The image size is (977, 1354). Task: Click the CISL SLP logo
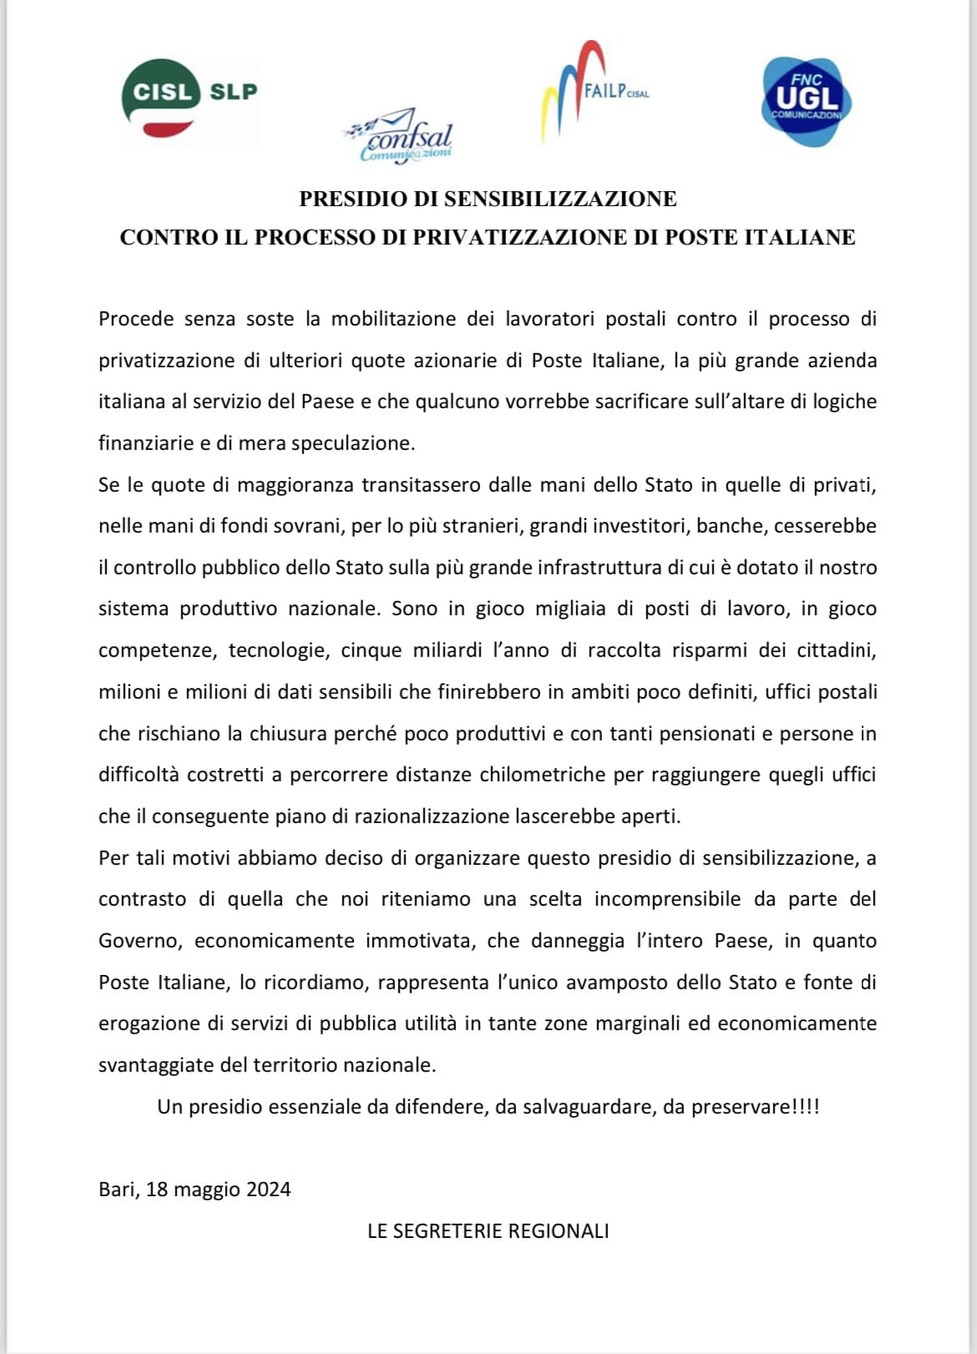190,99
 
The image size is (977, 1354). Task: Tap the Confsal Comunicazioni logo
399,136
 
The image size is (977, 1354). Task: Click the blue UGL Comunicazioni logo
806,101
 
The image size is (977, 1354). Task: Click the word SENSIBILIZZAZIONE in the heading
559,200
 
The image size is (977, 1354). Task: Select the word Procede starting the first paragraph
136,319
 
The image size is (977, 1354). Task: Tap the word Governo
139,941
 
